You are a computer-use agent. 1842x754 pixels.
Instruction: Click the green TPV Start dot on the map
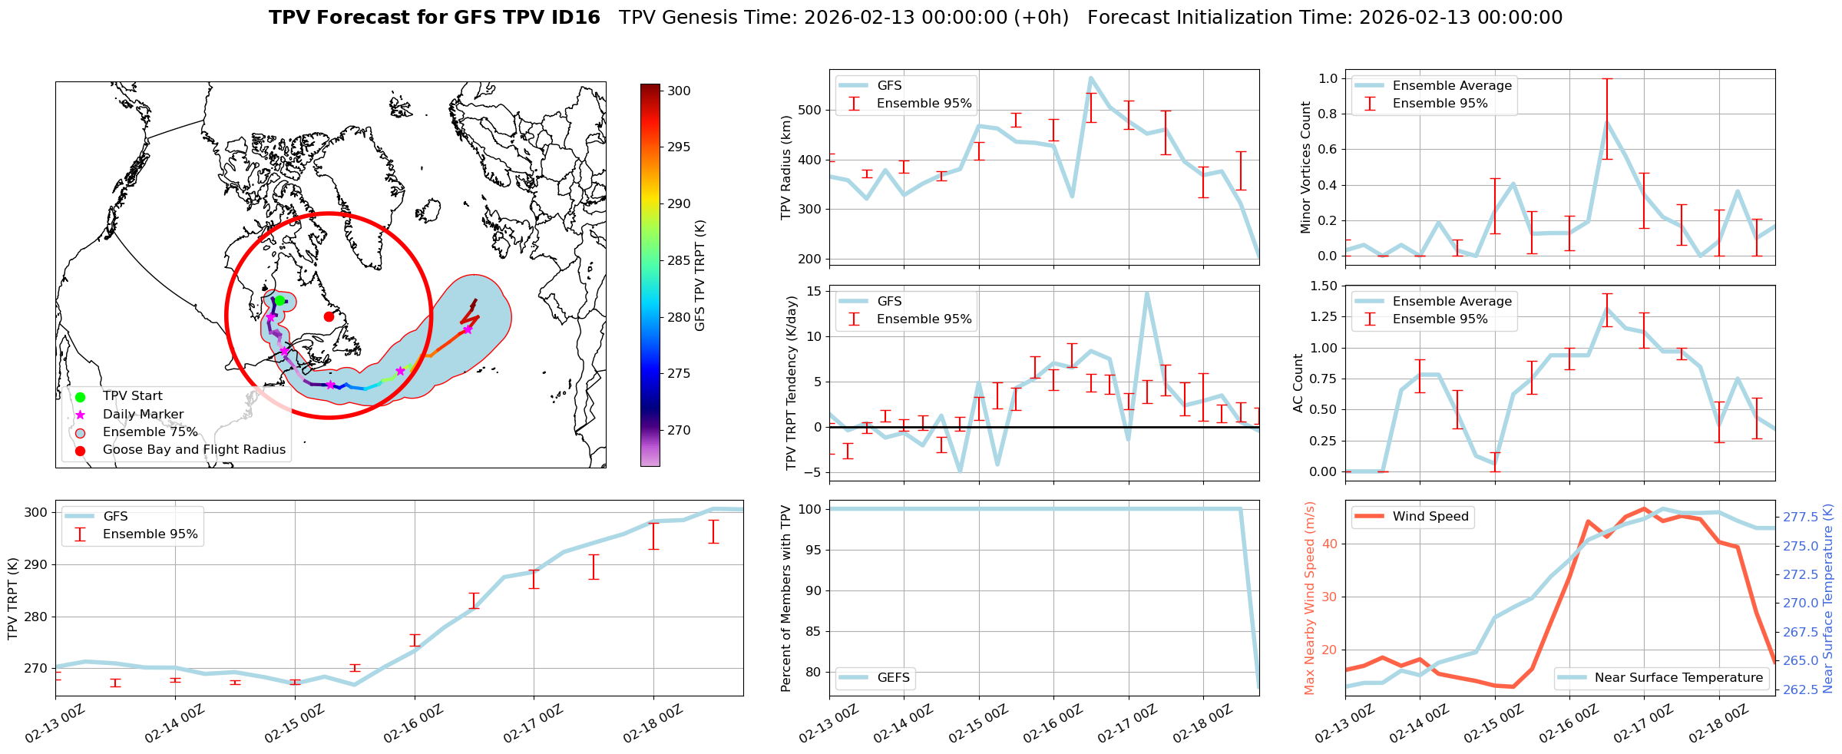(x=280, y=301)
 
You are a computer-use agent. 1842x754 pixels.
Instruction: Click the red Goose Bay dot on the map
(x=329, y=316)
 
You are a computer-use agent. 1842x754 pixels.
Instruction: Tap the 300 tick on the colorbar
(x=679, y=91)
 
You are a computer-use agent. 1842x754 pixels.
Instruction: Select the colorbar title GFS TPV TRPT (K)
(x=699, y=276)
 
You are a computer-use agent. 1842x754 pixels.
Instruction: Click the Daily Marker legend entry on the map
(x=143, y=415)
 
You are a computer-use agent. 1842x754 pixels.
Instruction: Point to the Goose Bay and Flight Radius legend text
(x=193, y=450)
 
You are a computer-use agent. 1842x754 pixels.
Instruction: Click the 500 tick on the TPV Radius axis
(x=811, y=110)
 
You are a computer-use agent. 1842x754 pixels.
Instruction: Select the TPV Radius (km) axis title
(x=785, y=167)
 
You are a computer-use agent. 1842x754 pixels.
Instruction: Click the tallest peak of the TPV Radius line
(x=1090, y=78)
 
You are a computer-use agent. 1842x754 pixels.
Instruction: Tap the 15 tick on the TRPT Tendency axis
(x=814, y=291)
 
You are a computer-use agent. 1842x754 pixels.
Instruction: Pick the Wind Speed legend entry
(x=1430, y=517)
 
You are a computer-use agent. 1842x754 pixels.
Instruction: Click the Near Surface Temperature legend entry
(x=1678, y=678)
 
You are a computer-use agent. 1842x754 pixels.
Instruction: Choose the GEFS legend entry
(x=893, y=678)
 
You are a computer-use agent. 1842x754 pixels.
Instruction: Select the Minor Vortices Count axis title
(x=1305, y=167)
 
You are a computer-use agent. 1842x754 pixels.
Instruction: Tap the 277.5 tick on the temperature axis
(x=1800, y=517)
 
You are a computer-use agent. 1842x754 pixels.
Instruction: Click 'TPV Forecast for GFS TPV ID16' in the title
(x=435, y=18)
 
